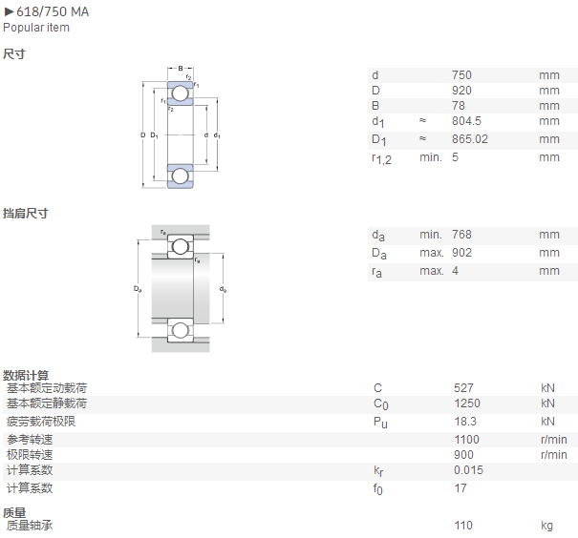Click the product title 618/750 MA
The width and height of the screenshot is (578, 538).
[x=53, y=11]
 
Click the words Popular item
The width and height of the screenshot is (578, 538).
[x=36, y=28]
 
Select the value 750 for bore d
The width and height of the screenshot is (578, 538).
[x=461, y=75]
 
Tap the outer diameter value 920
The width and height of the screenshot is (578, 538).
[x=461, y=91]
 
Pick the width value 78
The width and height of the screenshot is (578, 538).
[x=459, y=106]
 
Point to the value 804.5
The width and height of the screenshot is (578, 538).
[x=466, y=121]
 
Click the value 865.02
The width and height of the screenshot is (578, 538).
[x=470, y=139]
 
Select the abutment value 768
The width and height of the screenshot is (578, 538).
[x=461, y=235]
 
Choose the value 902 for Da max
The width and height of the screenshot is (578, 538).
[x=461, y=253]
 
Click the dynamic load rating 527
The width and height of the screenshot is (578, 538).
[x=463, y=388]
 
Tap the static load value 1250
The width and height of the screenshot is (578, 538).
[x=467, y=403]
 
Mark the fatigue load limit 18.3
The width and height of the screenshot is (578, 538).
[x=465, y=422]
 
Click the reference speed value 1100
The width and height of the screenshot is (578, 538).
[x=466, y=440]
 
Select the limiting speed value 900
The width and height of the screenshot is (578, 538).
[x=463, y=455]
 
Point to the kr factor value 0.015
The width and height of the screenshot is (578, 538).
[x=468, y=470]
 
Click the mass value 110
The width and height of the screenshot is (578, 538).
[x=463, y=526]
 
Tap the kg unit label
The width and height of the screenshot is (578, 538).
[x=546, y=526]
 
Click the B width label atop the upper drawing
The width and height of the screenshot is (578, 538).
[x=181, y=69]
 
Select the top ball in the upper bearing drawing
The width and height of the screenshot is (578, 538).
[x=181, y=93]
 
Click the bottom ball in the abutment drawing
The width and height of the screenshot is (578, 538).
[x=181, y=330]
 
